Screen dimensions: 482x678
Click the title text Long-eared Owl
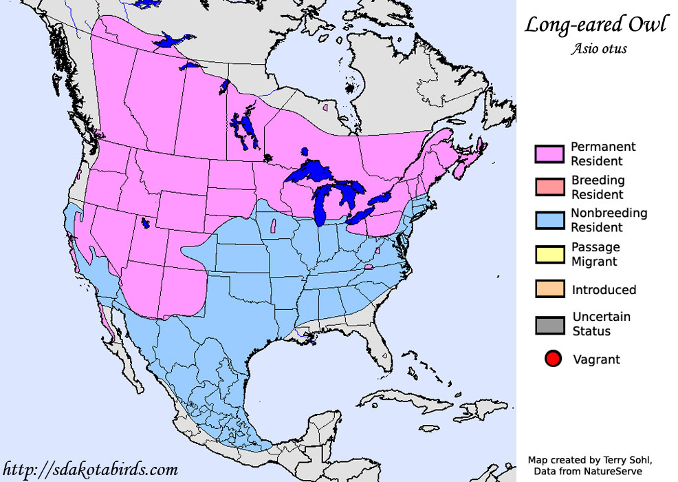point(595,25)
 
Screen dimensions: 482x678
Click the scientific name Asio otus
point(598,49)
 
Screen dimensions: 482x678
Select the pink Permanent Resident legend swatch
point(550,154)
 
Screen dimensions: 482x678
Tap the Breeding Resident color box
point(550,187)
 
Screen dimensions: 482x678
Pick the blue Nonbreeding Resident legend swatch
point(550,220)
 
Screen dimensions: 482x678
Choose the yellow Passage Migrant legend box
point(550,254)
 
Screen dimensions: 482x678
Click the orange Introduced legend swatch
point(550,289)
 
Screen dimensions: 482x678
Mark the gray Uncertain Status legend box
point(550,324)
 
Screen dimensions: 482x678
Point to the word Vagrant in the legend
point(596,359)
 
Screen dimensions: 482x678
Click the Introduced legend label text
point(604,290)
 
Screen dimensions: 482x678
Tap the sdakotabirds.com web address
point(89,470)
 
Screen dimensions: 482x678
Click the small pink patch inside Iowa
point(274,224)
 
